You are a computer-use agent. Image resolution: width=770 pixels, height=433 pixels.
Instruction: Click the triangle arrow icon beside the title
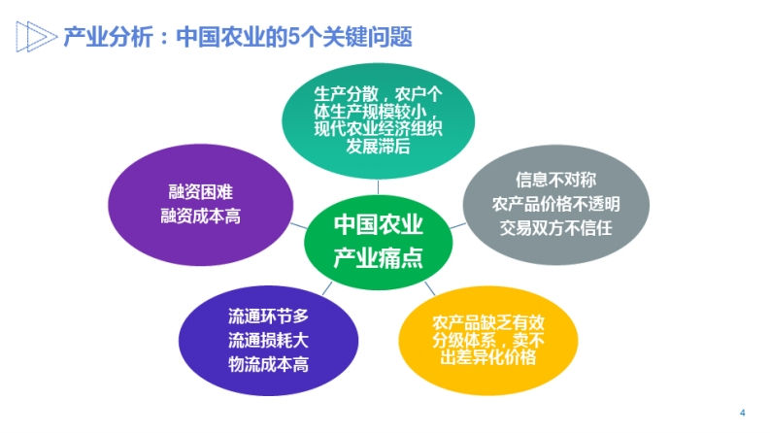[36, 36]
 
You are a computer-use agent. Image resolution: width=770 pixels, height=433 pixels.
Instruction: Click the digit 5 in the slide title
[293, 36]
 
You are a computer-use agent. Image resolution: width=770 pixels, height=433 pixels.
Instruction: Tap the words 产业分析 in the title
[108, 37]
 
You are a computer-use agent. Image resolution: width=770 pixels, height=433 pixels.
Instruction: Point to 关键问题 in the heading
[367, 37]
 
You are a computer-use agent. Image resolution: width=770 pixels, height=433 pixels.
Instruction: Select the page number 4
[743, 413]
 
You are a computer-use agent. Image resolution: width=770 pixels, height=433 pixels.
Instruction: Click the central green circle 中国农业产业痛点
[378, 242]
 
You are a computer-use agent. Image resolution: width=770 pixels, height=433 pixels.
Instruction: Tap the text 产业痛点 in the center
[378, 257]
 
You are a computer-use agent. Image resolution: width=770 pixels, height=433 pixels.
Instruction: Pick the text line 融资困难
[200, 191]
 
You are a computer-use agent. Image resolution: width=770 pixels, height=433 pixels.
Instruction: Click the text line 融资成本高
[200, 216]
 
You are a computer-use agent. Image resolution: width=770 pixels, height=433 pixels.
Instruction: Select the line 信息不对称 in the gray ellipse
[555, 180]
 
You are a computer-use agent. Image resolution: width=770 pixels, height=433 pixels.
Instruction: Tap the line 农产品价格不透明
[555, 204]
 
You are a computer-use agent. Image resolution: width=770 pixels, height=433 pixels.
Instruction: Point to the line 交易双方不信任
[555, 228]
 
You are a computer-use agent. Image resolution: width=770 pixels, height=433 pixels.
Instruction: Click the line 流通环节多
[268, 316]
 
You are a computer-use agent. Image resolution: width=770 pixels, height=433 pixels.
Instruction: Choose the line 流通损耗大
[268, 340]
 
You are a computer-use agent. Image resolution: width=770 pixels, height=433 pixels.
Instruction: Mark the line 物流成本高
[268, 364]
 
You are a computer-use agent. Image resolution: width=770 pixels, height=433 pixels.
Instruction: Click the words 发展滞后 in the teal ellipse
[378, 146]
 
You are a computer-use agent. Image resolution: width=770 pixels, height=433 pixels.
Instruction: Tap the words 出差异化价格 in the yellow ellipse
[488, 357]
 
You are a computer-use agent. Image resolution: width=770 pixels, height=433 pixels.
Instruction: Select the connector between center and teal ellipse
[378, 187]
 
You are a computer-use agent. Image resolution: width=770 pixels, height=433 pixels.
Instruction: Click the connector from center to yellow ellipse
[430, 288]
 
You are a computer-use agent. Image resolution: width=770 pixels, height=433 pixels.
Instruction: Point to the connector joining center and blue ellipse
[327, 288]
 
